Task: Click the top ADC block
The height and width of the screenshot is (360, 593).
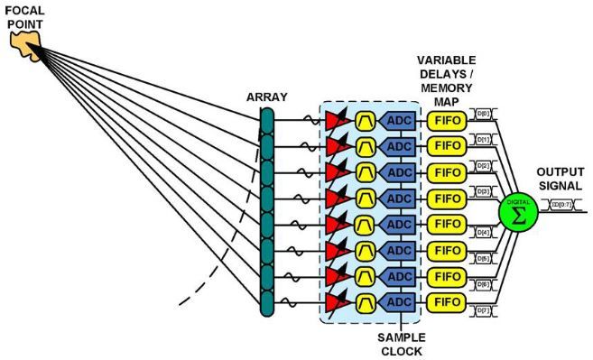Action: coord(397,120)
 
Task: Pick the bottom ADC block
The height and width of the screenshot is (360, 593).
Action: coord(397,301)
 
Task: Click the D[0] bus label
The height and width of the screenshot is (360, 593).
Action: coord(484,116)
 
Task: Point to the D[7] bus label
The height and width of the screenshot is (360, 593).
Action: coord(484,311)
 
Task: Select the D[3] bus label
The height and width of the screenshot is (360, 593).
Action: coord(484,191)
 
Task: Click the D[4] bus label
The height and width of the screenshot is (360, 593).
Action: coord(484,233)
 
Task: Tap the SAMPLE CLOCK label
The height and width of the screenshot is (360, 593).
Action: coord(399,344)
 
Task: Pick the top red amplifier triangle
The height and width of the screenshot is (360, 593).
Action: coord(339,121)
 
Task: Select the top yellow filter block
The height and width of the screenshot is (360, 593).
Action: coord(366,121)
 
